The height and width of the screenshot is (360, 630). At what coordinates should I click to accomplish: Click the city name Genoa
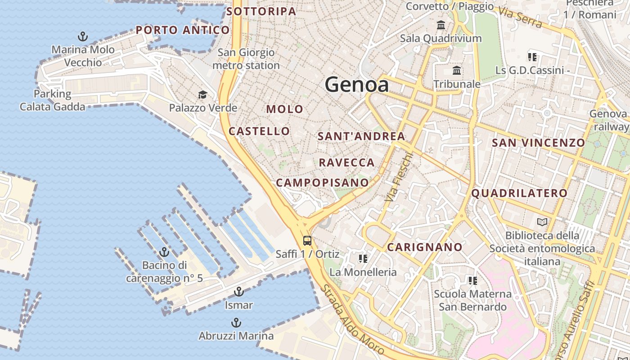[x=356, y=85]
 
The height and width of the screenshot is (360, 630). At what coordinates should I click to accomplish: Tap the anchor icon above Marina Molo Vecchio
[x=83, y=36]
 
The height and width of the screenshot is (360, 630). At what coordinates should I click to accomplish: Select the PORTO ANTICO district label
[x=183, y=30]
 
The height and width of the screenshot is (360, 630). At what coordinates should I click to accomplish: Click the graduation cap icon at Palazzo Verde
[x=202, y=94]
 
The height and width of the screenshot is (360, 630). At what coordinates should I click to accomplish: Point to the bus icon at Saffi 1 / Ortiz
[x=307, y=240]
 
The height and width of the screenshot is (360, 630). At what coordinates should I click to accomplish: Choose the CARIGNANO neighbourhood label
[x=424, y=247]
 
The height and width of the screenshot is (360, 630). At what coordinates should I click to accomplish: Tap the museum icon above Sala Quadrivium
[x=441, y=25]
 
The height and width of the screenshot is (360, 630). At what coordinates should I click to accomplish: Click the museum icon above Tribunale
[x=457, y=71]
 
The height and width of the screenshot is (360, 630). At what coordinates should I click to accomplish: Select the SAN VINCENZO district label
[x=538, y=143]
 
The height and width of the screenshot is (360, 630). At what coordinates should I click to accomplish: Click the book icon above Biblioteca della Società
[x=542, y=222]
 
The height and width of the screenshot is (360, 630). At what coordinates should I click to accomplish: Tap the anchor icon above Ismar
[x=238, y=292]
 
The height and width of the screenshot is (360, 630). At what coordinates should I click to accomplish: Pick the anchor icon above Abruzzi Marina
[x=236, y=323]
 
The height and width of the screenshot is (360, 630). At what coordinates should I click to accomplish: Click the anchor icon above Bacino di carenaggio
[x=164, y=252]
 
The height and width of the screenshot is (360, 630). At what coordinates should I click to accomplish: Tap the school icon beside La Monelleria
[x=363, y=259]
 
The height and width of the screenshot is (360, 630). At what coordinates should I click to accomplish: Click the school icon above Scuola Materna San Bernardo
[x=472, y=281]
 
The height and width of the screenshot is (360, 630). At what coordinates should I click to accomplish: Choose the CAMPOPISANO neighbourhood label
[x=322, y=183]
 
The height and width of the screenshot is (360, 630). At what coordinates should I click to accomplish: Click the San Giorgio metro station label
[x=246, y=59]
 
